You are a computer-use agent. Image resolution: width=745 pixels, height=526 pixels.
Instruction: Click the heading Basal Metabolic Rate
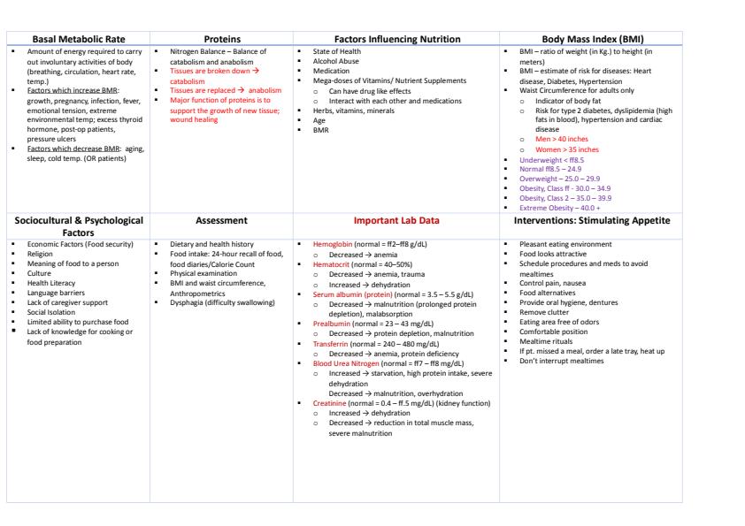coord(78,39)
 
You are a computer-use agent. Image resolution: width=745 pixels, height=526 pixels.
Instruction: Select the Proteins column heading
coord(221,39)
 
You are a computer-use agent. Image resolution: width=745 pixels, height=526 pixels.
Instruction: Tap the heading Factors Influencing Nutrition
coord(396,39)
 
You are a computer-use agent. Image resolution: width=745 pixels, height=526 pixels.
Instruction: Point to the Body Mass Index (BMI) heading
coord(593,39)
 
